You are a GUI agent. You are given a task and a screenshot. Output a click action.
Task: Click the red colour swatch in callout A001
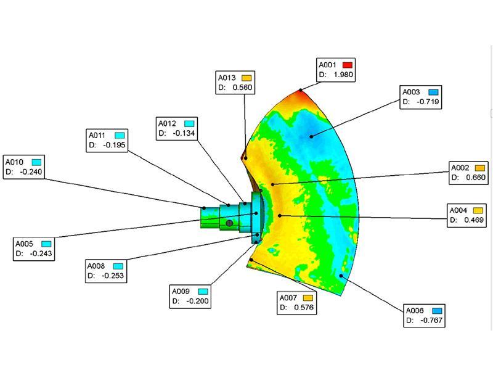[x=348, y=65]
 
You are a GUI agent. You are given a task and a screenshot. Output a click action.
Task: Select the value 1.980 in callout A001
[x=343, y=75]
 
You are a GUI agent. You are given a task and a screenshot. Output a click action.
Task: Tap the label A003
[x=411, y=92]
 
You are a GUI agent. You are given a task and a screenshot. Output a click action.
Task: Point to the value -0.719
[x=428, y=102]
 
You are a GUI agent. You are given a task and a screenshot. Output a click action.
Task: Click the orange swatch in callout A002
[x=480, y=168]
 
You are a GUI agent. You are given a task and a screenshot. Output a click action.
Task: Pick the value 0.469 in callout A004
[x=474, y=220]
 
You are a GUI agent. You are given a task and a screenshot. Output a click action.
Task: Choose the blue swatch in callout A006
[x=437, y=311]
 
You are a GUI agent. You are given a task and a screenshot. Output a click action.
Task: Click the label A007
[x=288, y=298]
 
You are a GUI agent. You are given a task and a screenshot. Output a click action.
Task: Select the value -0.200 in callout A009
[x=197, y=301]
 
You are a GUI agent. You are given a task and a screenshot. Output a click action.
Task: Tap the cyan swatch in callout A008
[x=118, y=266]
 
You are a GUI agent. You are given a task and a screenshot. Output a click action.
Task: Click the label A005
[x=24, y=244]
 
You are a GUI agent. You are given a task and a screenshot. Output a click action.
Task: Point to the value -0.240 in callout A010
[x=31, y=172]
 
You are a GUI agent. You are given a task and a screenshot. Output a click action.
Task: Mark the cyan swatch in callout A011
[x=120, y=135]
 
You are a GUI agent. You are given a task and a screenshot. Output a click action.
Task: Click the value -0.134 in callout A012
[x=184, y=133]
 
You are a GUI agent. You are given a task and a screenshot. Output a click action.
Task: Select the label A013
[x=227, y=78]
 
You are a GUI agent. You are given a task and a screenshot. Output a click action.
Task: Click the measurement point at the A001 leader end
[x=301, y=90]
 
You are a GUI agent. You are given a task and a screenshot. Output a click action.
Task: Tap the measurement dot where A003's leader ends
[x=311, y=136]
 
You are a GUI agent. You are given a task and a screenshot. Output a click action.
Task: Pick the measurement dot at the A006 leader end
[x=341, y=276]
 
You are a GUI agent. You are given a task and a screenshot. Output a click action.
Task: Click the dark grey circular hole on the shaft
[x=229, y=223]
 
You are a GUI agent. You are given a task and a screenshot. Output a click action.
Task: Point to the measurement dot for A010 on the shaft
[x=204, y=208]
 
